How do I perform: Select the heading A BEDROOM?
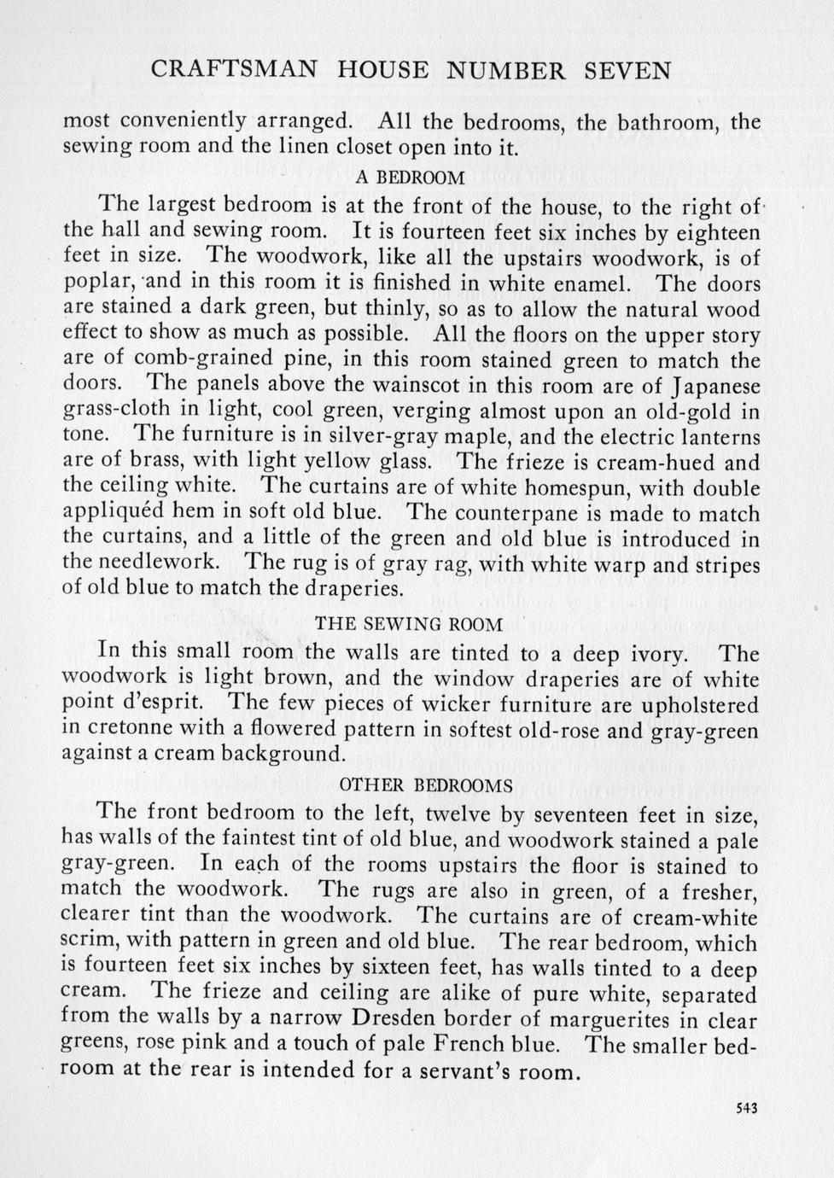(x=411, y=178)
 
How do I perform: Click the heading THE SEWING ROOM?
(x=409, y=624)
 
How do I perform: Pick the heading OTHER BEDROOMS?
(x=426, y=784)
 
